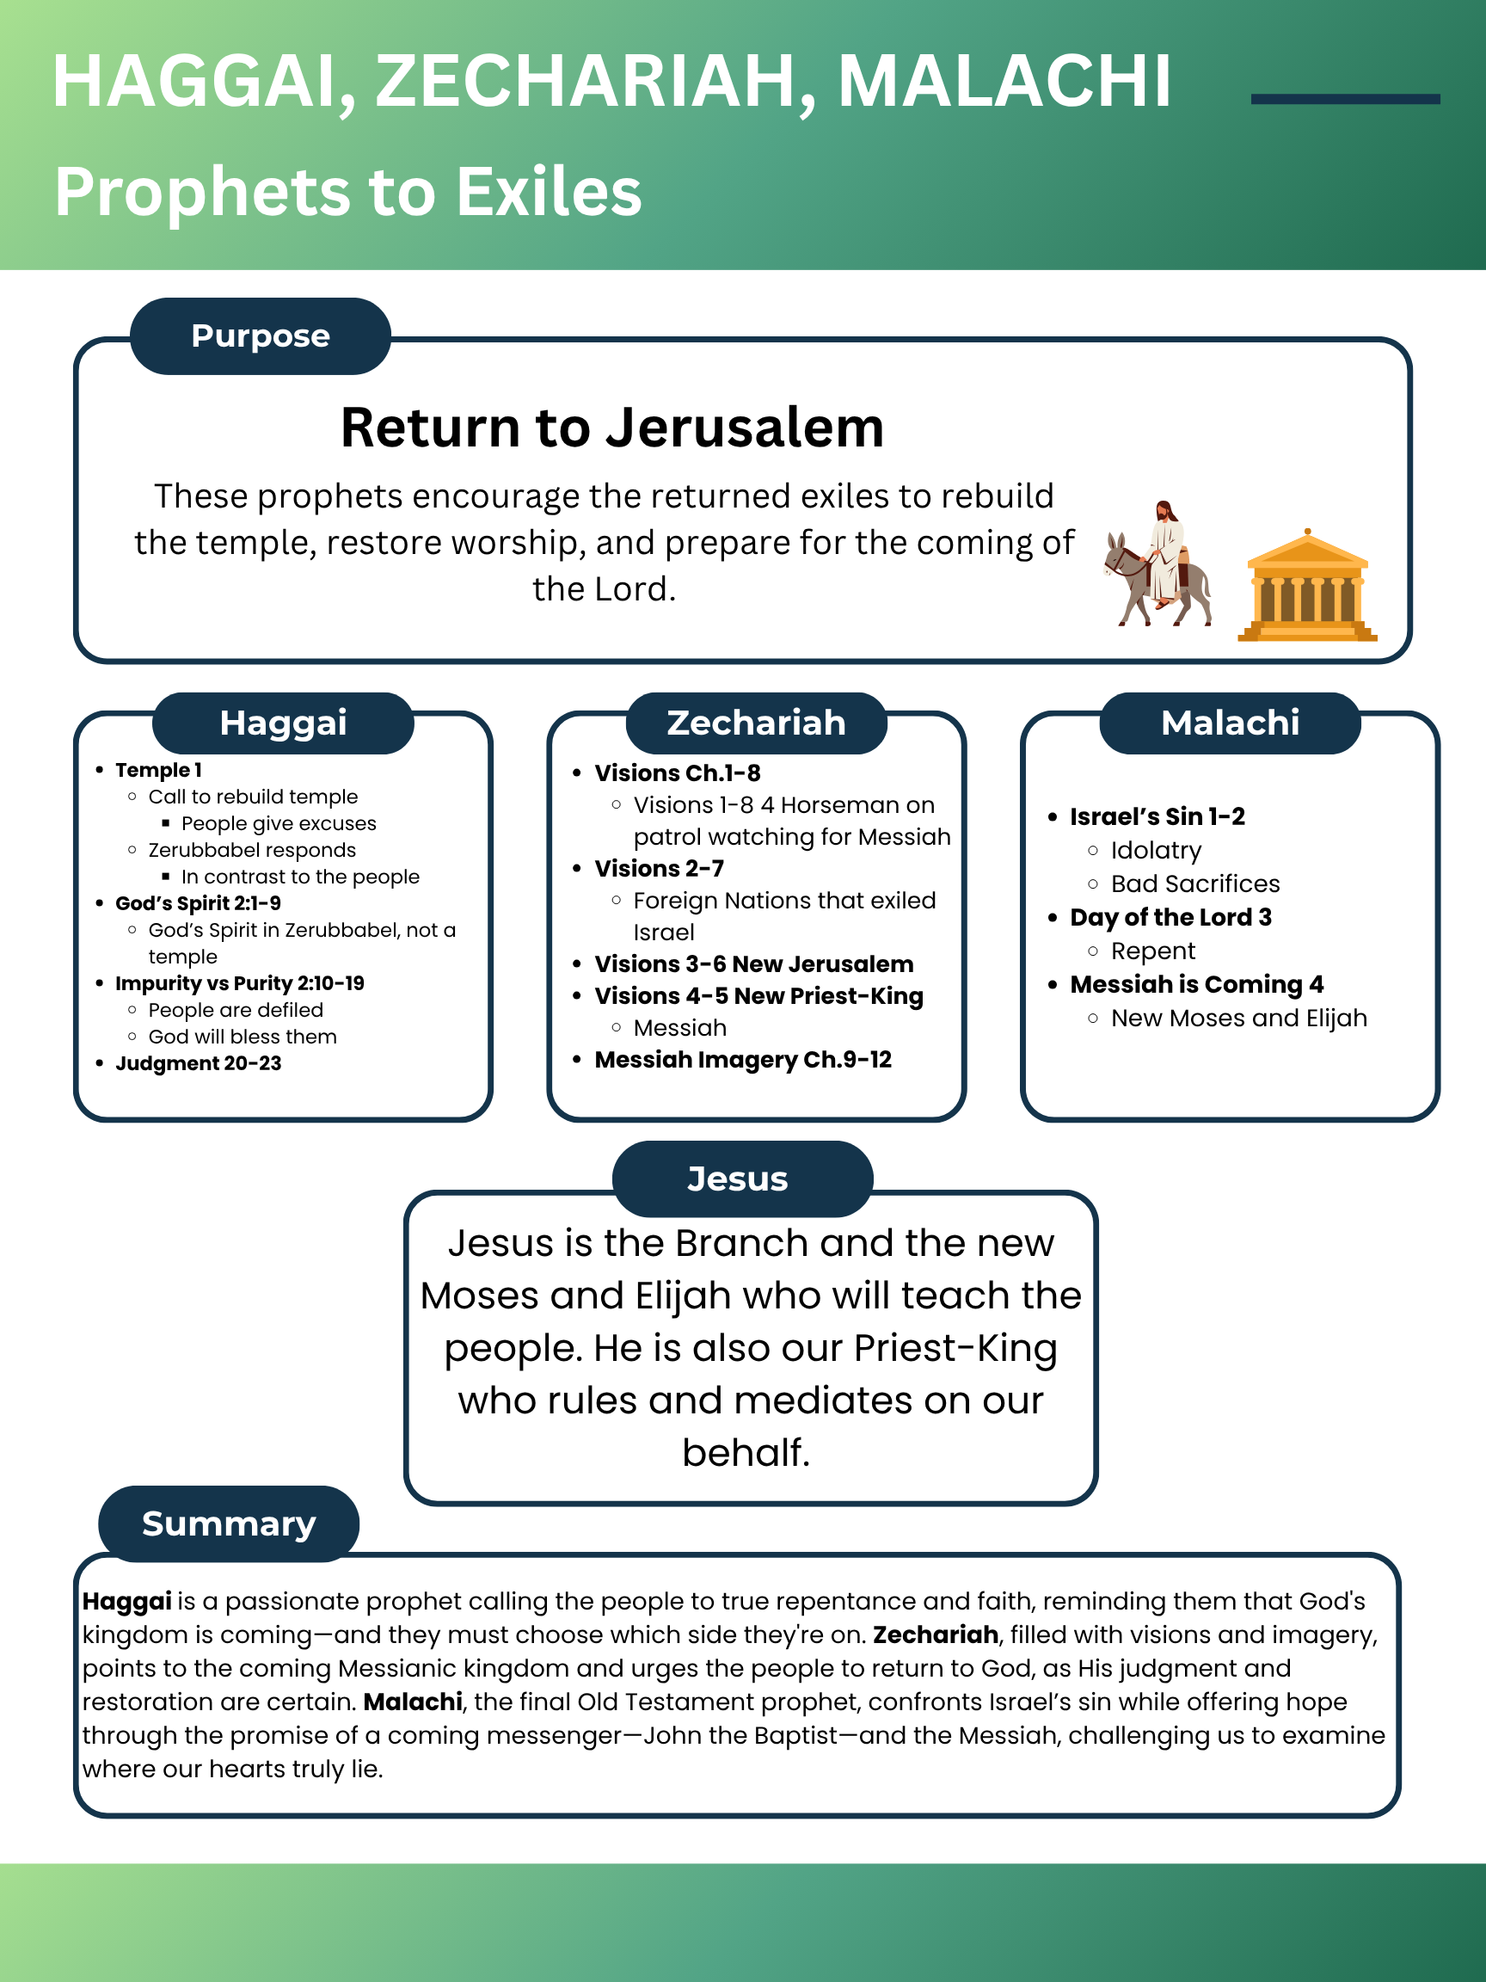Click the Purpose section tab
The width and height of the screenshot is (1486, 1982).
point(260,336)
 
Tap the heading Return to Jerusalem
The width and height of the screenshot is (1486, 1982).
point(611,428)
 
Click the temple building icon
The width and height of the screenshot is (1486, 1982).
point(1307,587)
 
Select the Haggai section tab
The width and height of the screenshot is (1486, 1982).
point(283,723)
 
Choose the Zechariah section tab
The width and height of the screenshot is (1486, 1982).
point(756,723)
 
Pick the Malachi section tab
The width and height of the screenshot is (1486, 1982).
point(1230,723)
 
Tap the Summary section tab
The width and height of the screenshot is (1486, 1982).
point(229,1524)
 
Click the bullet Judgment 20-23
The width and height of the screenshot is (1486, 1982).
point(198,1063)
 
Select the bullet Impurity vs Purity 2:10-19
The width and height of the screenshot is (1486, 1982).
point(239,984)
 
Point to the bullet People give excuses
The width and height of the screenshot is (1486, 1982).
point(279,823)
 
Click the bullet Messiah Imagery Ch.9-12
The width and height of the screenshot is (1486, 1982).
point(742,1060)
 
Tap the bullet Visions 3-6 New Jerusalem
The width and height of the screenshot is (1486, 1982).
point(753,964)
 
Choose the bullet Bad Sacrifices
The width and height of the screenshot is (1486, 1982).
point(1194,884)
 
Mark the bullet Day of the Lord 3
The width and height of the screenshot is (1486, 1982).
point(1170,918)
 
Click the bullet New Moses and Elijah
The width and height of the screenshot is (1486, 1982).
point(1239,1019)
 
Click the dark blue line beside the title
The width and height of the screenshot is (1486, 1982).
point(1344,100)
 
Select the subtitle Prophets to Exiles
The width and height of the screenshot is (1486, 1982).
point(348,192)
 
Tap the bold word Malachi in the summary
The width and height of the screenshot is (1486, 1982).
point(413,1702)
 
